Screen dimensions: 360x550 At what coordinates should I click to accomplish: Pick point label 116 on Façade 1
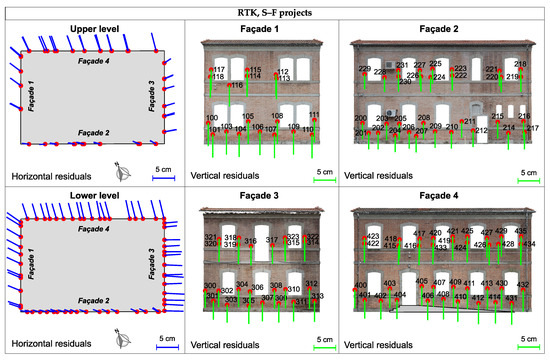237,86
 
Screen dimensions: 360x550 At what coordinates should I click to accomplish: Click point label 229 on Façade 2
364,69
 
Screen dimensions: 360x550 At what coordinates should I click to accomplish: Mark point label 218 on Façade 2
520,64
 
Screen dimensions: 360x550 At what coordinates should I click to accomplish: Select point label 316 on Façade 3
250,242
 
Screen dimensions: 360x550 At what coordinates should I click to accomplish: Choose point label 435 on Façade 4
520,232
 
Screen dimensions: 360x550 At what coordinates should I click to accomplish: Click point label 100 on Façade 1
211,118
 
